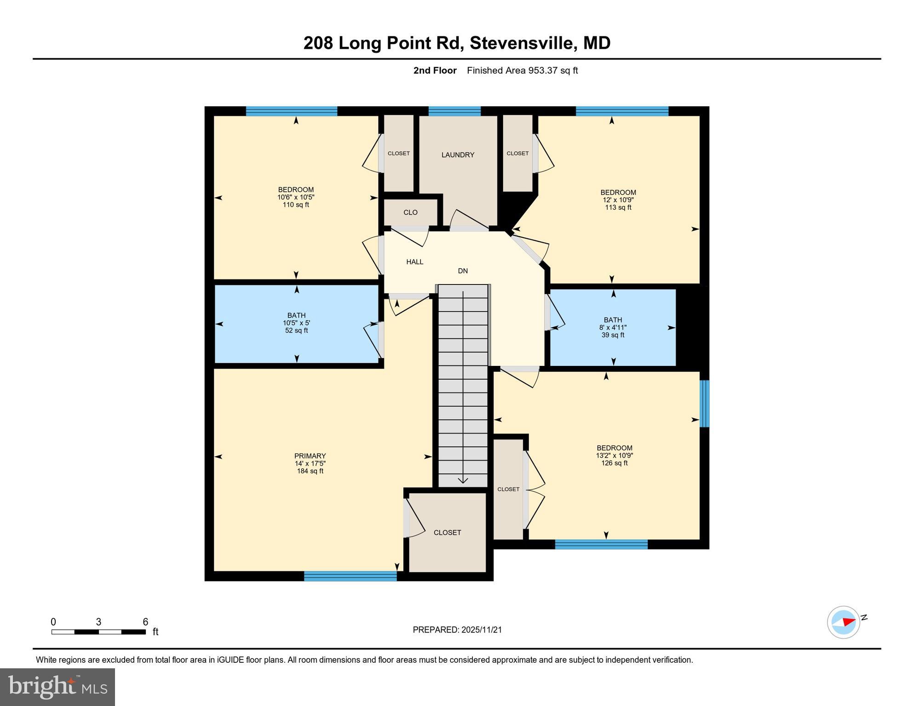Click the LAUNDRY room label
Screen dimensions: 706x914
(457, 155)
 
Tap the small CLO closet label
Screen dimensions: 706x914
(410, 212)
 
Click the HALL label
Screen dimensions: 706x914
(414, 262)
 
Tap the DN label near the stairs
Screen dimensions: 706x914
(463, 271)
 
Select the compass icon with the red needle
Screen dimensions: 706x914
(844, 622)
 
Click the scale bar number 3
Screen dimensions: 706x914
(98, 622)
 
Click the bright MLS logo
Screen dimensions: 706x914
(57, 687)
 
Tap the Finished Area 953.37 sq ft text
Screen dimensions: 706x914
(522, 70)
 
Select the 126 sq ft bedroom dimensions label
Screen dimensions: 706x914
(614, 455)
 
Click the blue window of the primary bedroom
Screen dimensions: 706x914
(350, 576)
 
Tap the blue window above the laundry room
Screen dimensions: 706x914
(454, 111)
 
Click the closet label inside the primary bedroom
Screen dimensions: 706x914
(447, 533)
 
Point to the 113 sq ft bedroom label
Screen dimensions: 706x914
(618, 200)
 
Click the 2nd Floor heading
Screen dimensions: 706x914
(435, 70)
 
